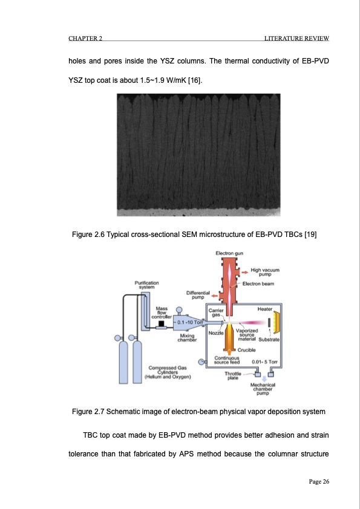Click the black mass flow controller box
[161, 325]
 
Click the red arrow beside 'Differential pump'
[214, 296]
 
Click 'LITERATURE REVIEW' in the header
[296, 39]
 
